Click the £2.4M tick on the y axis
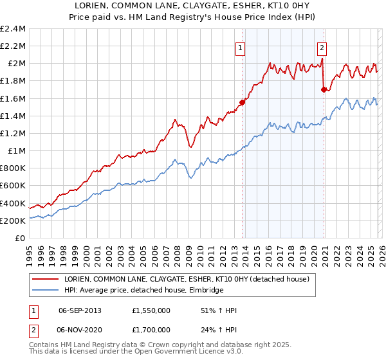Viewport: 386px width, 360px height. pos(13,29)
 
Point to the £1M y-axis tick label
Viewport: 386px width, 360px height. pos(16,151)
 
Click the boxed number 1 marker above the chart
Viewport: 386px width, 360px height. pos(240,47)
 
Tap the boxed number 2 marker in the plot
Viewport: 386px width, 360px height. pos(321,47)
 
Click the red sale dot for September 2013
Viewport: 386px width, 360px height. pos(243,102)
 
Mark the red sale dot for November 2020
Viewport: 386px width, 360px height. pos(324,90)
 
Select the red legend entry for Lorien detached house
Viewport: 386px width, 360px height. pos(187,279)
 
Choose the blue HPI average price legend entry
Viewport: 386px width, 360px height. pos(143,290)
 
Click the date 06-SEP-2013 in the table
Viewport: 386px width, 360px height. pos(84,310)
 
